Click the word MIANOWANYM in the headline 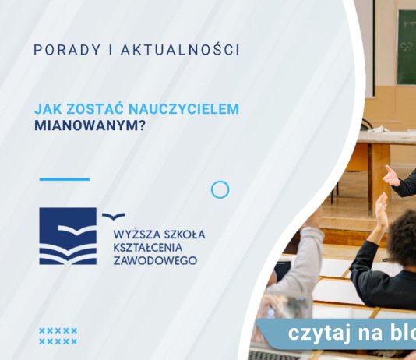(x=85, y=124)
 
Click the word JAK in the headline (x=48, y=109)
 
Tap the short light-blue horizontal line (x=64, y=179)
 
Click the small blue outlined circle (x=220, y=189)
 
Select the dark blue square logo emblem (x=68, y=235)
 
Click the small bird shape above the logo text (x=113, y=216)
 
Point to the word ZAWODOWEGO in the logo (x=155, y=260)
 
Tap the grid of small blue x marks (x=58, y=336)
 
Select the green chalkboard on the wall (x=406, y=46)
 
